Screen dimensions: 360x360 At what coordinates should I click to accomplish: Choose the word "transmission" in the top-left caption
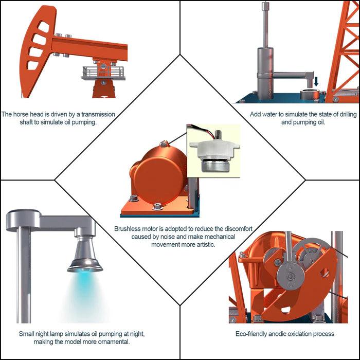(x=98, y=114)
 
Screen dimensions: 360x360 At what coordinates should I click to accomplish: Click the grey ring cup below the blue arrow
(x=310, y=95)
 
